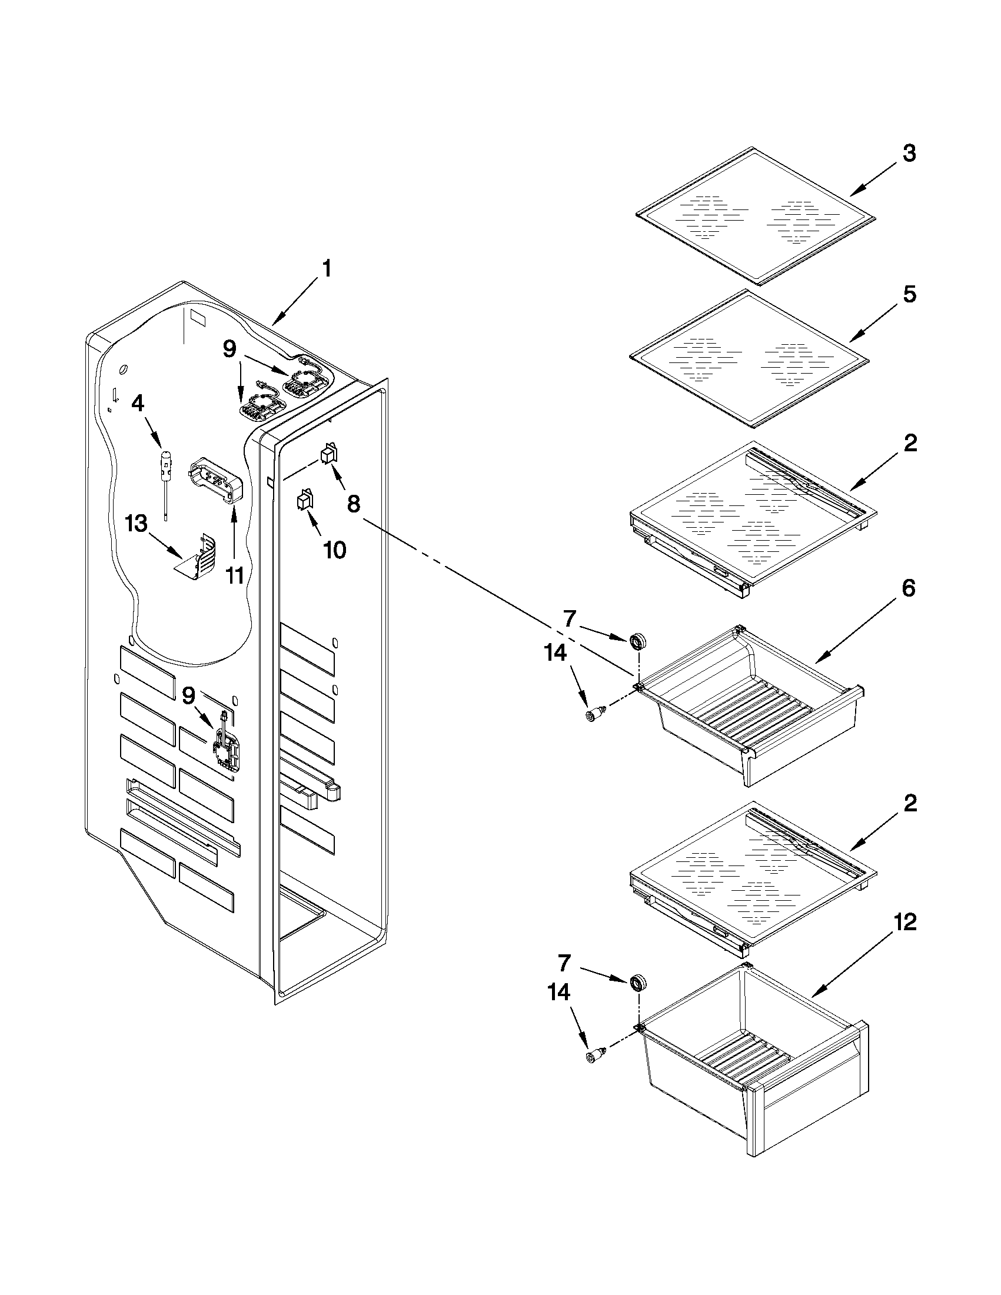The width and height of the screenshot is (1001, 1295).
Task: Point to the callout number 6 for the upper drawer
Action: (908, 588)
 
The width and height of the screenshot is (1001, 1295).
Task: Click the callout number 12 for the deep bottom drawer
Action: (903, 922)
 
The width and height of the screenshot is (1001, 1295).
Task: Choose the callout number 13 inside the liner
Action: (137, 524)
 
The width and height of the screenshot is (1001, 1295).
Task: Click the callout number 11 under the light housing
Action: (236, 575)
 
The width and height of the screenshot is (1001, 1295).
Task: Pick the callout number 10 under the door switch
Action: (334, 550)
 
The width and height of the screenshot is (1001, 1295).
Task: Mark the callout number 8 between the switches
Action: (354, 504)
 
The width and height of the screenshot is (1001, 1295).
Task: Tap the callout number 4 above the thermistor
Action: (137, 404)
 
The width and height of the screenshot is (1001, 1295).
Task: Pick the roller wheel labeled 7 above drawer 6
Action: (638, 640)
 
